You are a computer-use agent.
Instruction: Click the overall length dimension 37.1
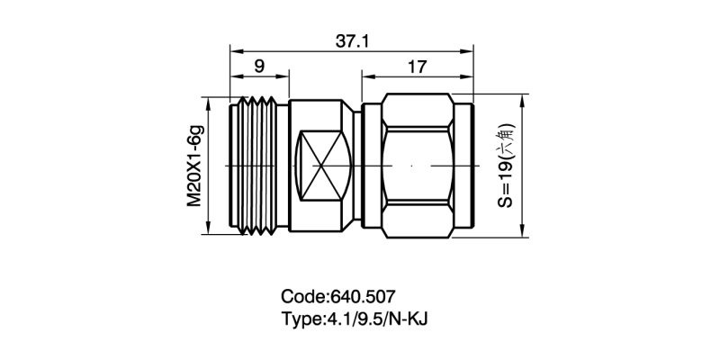pos(353,40)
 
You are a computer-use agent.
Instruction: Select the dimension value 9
pos(259,66)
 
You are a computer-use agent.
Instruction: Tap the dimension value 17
pos(416,66)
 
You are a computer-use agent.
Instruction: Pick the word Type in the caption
pos(302,319)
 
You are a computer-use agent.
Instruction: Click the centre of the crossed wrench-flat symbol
pos(321,166)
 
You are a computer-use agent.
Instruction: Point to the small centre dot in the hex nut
pos(411,166)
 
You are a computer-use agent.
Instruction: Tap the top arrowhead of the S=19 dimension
pos(523,99)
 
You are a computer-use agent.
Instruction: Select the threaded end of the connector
pos(259,166)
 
